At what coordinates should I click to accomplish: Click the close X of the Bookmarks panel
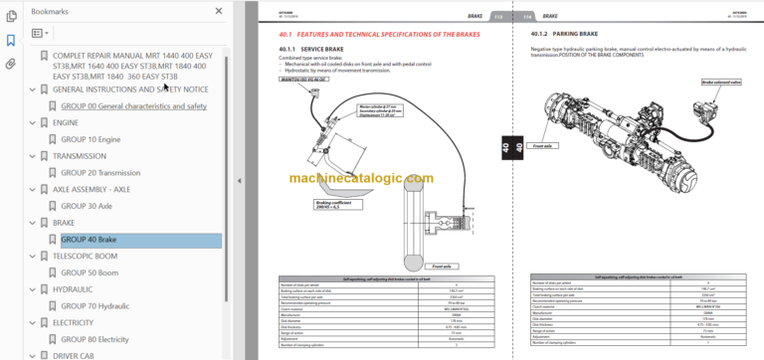(x=219, y=10)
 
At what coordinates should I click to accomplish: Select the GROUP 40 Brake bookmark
(x=89, y=240)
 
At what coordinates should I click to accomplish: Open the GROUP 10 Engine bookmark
(x=92, y=139)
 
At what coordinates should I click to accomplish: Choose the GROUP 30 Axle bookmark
(x=87, y=206)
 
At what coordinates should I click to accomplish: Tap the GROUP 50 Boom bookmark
(x=90, y=272)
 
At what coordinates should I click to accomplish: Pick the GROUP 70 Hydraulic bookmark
(x=96, y=306)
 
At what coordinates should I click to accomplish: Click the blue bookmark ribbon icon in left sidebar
(x=11, y=41)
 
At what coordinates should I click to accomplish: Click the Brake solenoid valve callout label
(x=721, y=83)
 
